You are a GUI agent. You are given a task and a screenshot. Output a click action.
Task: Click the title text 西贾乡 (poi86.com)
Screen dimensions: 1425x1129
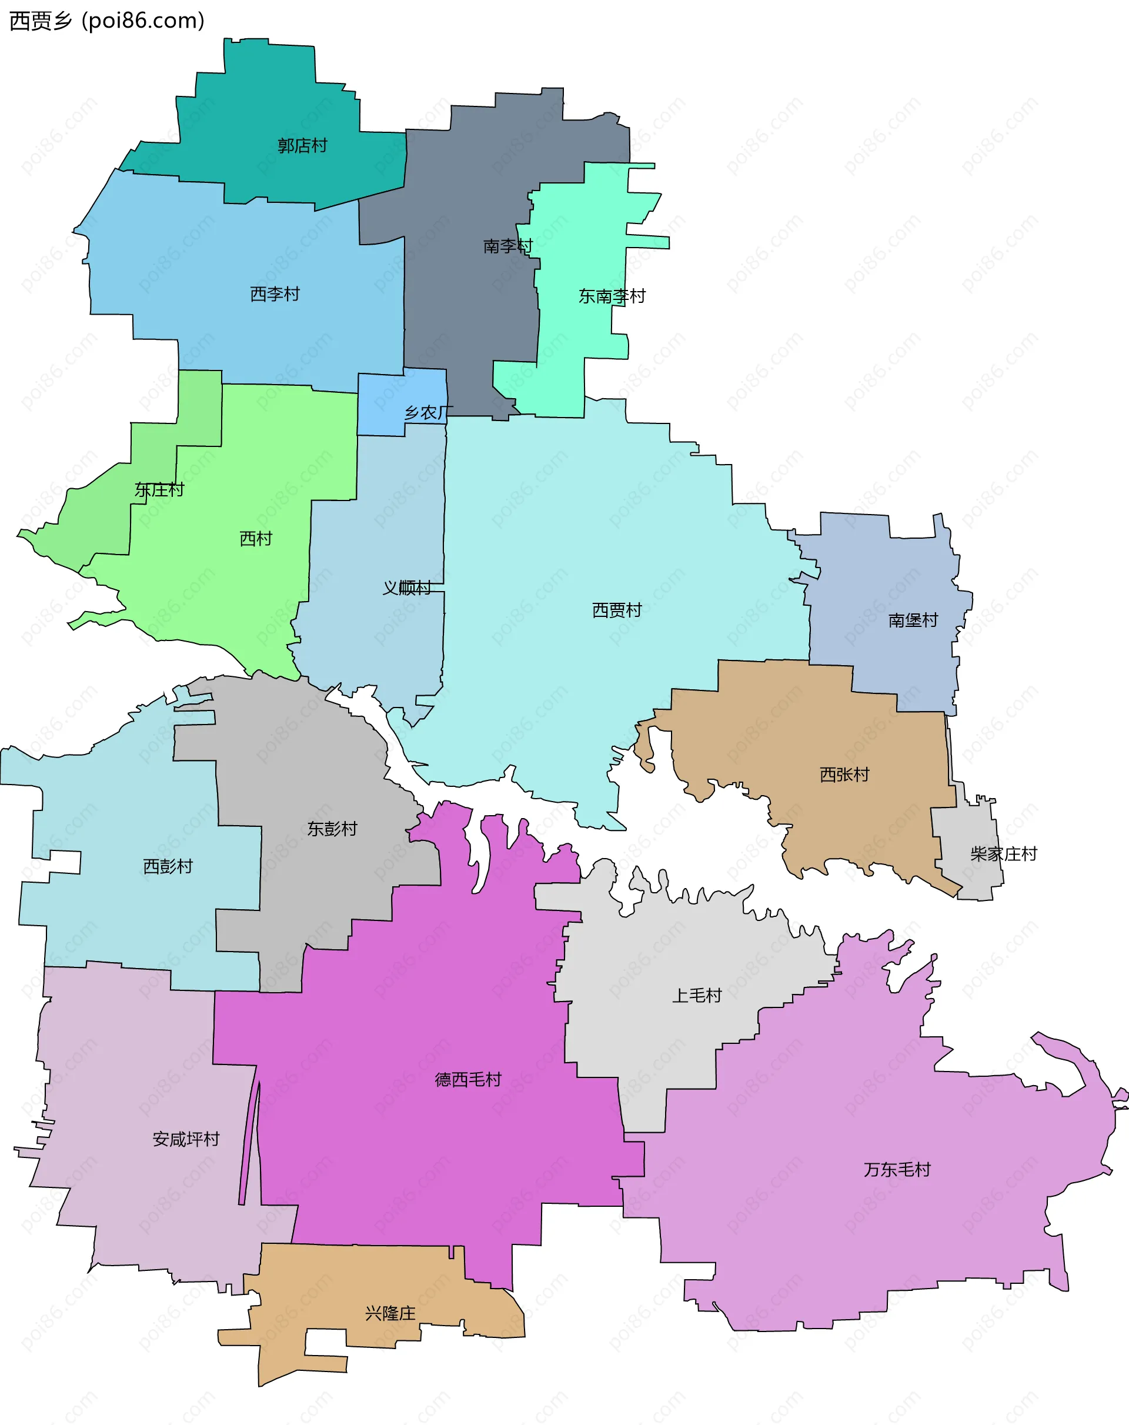pyautogui.click(x=106, y=21)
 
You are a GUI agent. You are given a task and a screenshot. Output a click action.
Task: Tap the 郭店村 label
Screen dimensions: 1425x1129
pyautogui.click(x=302, y=145)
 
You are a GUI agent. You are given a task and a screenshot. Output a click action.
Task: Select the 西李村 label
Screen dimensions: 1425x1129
pyautogui.click(x=275, y=294)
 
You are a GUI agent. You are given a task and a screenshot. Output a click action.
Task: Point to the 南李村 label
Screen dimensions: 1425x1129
pyautogui.click(x=507, y=246)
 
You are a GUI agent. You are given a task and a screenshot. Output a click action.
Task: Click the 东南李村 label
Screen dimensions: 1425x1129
pyautogui.click(x=612, y=296)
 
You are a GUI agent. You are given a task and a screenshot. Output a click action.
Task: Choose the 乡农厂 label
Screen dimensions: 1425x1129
pyautogui.click(x=428, y=413)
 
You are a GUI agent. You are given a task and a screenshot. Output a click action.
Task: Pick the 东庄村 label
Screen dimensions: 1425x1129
pyautogui.click(x=159, y=490)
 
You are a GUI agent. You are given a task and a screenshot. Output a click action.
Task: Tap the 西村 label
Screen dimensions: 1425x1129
pyautogui.click(x=256, y=539)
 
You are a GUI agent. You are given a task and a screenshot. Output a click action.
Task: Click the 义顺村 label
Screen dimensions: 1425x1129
pyautogui.click(x=406, y=588)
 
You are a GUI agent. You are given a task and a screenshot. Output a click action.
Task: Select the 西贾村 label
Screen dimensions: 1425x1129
pyautogui.click(x=617, y=610)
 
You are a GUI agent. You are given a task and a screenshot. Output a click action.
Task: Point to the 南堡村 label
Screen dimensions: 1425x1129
pyautogui.click(x=913, y=620)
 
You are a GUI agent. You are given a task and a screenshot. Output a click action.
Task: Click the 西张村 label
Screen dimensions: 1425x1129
pyautogui.click(x=844, y=775)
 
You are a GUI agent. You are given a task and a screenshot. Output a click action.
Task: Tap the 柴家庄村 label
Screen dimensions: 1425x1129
pyautogui.click(x=1003, y=854)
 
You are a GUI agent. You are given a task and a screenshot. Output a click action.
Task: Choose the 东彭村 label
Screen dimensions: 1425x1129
pyautogui.click(x=332, y=829)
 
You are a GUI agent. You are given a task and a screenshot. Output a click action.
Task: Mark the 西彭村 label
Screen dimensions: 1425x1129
pyautogui.click(x=168, y=866)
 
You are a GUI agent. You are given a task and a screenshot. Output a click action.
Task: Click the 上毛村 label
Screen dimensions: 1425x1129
pyautogui.click(x=697, y=996)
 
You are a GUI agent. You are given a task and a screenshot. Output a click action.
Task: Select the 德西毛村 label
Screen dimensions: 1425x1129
pyautogui.click(x=468, y=1079)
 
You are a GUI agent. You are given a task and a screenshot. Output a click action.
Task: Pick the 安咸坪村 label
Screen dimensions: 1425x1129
pyautogui.click(x=186, y=1139)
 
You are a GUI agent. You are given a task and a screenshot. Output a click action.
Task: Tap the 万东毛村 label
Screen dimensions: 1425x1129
pyautogui.click(x=897, y=1169)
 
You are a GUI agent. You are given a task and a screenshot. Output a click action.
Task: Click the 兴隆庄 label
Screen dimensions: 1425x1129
pyautogui.click(x=390, y=1313)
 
